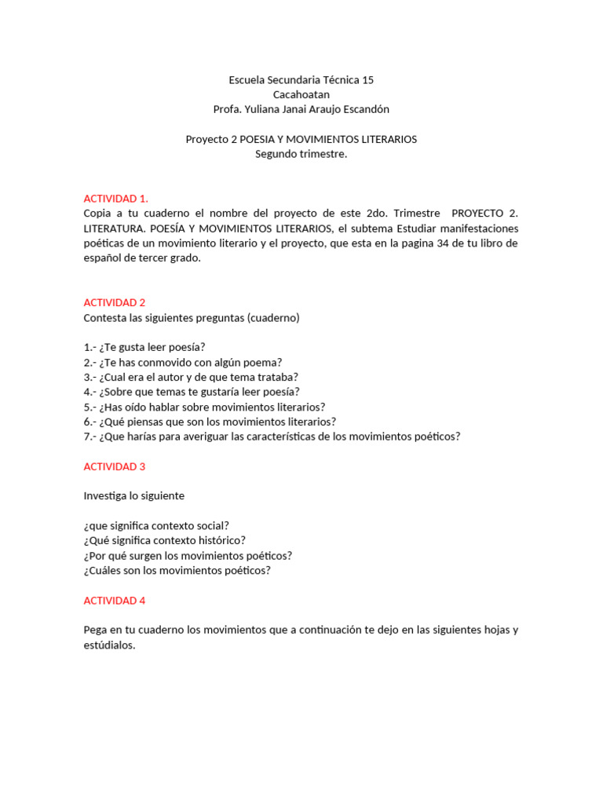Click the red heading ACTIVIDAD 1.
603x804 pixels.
[x=115, y=198]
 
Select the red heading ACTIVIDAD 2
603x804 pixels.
[x=115, y=302]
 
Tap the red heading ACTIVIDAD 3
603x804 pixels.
[x=115, y=466]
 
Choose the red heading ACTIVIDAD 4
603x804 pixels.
[x=115, y=601]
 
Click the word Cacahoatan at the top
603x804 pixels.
[x=301, y=94]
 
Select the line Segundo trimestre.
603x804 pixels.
[x=301, y=154]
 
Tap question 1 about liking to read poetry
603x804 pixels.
[x=144, y=347]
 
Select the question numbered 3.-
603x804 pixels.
[x=191, y=377]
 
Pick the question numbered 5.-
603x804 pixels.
[x=204, y=407]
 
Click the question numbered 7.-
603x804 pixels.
[x=272, y=437]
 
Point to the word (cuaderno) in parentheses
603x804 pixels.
[x=273, y=318]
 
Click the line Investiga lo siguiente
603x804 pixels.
[x=134, y=496]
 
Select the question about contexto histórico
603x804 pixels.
[x=164, y=540]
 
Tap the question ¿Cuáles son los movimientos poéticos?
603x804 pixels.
[x=177, y=570]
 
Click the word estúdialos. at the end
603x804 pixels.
[x=109, y=645]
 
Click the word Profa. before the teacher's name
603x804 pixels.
[x=227, y=109]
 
